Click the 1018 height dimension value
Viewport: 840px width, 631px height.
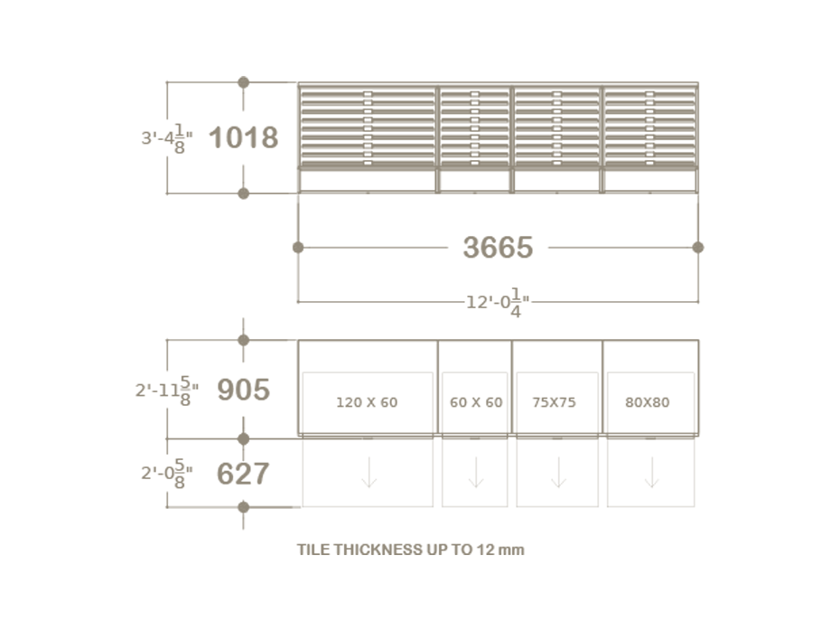[243, 137]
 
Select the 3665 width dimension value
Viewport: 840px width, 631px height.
[498, 247]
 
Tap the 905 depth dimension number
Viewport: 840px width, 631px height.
[243, 390]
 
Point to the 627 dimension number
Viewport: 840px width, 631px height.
[243, 474]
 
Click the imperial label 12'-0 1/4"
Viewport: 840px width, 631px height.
[498, 303]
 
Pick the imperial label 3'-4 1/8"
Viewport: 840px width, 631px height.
[166, 138]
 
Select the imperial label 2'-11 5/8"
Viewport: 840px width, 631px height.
[166, 391]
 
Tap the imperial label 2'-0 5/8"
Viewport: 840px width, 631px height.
[166, 474]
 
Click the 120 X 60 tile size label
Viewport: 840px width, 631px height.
[367, 402]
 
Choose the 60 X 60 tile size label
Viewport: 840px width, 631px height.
[476, 402]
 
